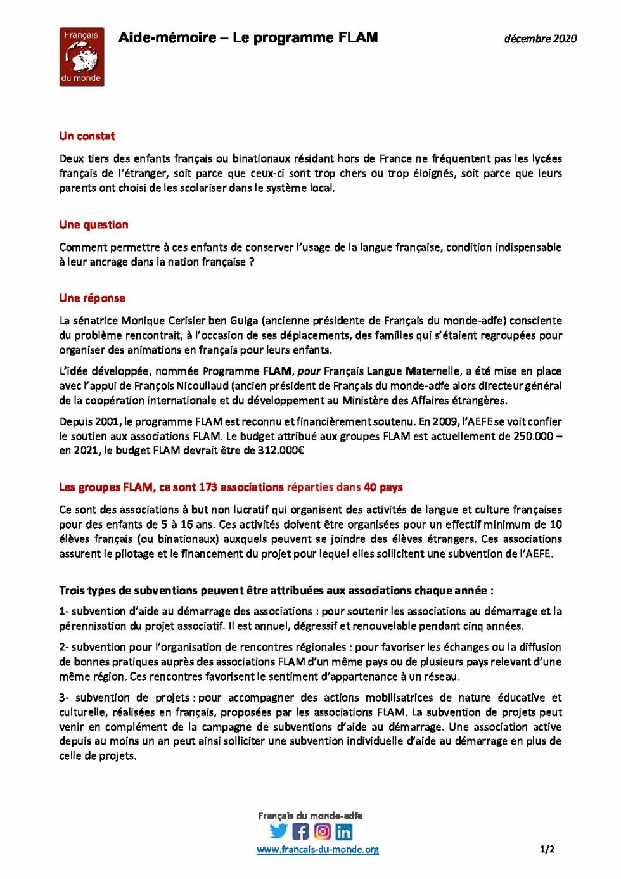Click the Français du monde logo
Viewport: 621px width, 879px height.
coord(81,57)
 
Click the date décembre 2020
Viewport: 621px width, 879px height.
coord(540,39)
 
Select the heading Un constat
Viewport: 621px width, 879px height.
coord(87,136)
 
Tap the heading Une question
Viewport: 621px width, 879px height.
coord(94,225)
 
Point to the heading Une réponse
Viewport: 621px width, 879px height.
coord(93,298)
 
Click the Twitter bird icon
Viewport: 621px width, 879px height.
coord(279,831)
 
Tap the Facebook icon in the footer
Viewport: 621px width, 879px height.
coord(300,831)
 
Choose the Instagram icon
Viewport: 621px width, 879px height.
coord(323,831)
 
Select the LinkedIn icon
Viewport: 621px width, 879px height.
coord(344,831)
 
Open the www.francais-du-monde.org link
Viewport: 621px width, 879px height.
coord(317,850)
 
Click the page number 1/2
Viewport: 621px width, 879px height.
coord(547,849)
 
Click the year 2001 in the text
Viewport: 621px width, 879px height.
coord(108,421)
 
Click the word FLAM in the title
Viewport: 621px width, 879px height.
coord(358,37)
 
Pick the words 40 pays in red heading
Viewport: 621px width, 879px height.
coord(383,487)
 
